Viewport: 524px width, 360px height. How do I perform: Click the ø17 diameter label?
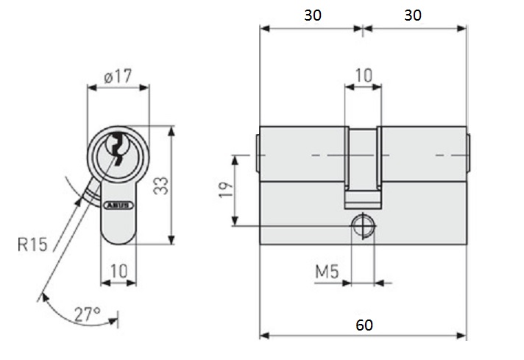tap(118, 74)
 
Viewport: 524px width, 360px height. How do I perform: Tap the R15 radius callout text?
tap(33, 244)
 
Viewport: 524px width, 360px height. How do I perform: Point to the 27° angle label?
tap(87, 314)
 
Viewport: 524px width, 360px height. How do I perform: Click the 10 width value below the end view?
tap(118, 270)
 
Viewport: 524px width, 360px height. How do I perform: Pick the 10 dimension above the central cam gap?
tap(364, 75)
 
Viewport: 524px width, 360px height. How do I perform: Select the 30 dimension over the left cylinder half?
tap(312, 15)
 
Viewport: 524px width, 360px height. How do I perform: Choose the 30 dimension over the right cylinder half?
tap(414, 15)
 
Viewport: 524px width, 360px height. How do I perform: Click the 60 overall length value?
tap(364, 325)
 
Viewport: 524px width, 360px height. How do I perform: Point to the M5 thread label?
tap(326, 272)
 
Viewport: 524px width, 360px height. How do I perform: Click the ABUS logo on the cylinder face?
tap(118, 207)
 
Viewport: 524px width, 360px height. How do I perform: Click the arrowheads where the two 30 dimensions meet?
tap(364, 29)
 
